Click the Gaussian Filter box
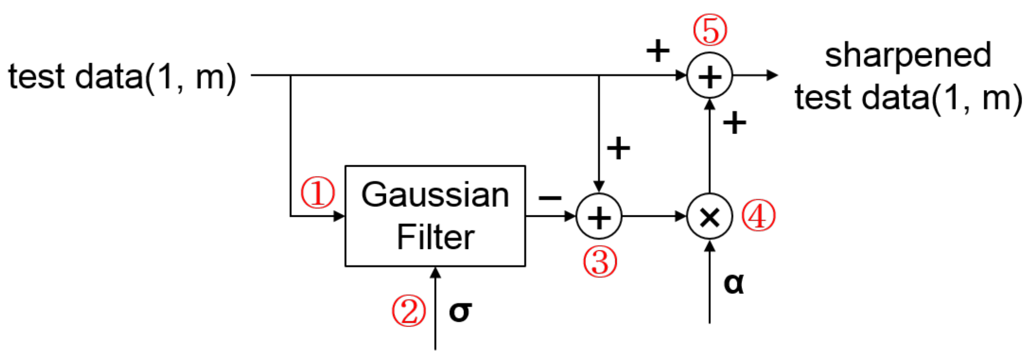(435, 216)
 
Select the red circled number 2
(408, 311)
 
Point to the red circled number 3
(599, 262)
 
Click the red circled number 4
(758, 216)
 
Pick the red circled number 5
(710, 30)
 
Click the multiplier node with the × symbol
(709, 217)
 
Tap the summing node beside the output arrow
(709, 76)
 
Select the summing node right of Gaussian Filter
(598, 217)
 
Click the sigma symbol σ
(460, 312)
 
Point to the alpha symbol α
(733, 283)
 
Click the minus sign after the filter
(550, 197)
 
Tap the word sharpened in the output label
(908, 56)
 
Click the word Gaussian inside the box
(435, 195)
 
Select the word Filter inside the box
(435, 237)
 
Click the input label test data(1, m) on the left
(122, 77)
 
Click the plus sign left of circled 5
(657, 51)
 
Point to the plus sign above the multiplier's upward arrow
(734, 123)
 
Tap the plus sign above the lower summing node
(618, 148)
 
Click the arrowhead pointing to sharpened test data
(772, 75)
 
